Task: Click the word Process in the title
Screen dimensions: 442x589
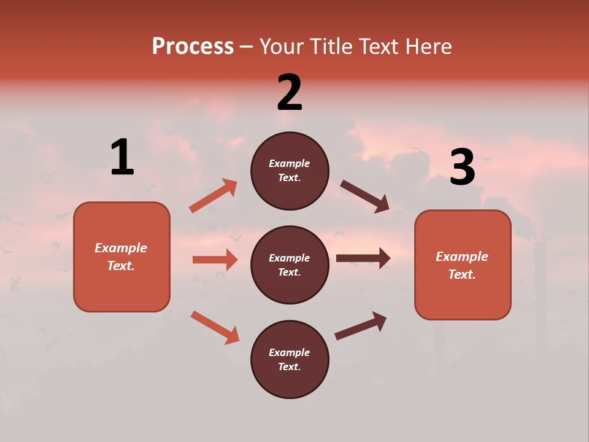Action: coord(193,47)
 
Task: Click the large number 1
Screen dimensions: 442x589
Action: coord(122,158)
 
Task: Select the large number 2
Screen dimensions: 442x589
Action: coord(290,93)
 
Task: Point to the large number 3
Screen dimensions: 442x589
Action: coord(463,167)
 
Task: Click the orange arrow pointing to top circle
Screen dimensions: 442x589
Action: coord(214,196)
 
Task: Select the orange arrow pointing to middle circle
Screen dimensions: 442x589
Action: coord(215,260)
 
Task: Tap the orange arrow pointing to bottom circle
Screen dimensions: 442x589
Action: coord(215,327)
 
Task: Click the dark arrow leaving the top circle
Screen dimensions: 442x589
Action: coord(365,196)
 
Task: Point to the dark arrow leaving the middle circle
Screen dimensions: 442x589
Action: coord(363,258)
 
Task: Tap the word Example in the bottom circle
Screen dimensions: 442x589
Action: coord(290,352)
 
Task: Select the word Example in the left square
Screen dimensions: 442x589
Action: coord(121,248)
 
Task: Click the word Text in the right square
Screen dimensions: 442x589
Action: coord(462,274)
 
